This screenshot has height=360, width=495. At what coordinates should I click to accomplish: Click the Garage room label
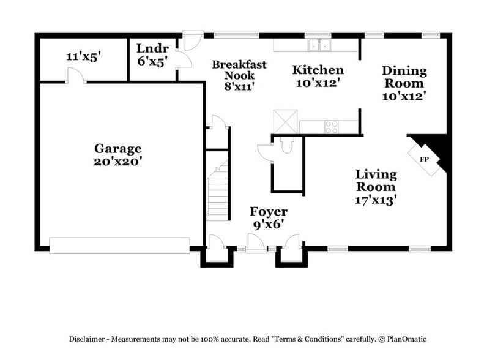coord(117,148)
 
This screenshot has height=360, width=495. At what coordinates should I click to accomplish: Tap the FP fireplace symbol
coord(423,159)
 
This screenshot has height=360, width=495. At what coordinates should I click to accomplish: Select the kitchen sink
coord(318,45)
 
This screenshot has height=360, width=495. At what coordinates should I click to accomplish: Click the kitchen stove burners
coord(331,127)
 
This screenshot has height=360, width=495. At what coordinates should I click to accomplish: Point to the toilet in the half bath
coord(286,145)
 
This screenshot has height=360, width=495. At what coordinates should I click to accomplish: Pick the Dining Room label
coord(404,77)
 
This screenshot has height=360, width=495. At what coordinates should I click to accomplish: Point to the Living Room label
coord(376,181)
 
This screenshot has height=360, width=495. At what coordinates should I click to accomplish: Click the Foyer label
coord(269,212)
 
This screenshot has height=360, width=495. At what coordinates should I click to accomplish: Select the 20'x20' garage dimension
coord(117,162)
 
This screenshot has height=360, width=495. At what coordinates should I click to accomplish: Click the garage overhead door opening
coord(119,246)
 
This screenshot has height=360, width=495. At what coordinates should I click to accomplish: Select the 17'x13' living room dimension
coord(376,200)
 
